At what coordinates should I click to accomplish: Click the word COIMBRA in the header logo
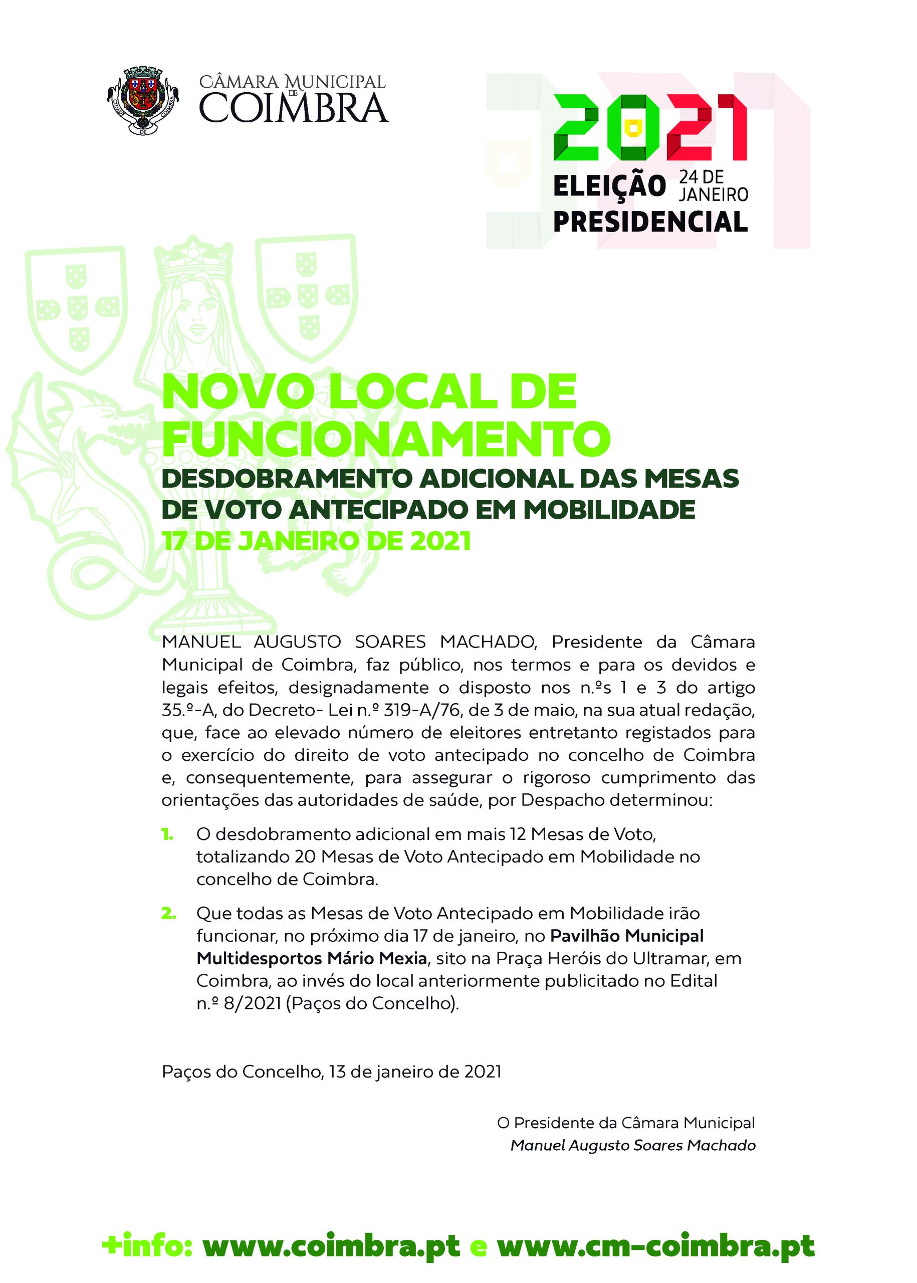pyautogui.click(x=294, y=108)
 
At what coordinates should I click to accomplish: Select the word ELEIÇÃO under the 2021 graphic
pyautogui.click(x=609, y=186)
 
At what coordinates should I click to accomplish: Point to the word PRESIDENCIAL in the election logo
pyautogui.click(x=650, y=222)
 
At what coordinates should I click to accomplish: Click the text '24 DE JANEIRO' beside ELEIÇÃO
pyautogui.click(x=713, y=186)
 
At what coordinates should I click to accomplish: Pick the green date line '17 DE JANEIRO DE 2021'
pyautogui.click(x=316, y=541)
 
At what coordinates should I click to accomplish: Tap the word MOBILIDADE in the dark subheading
pyautogui.click(x=609, y=509)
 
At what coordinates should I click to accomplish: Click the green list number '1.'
pyautogui.click(x=168, y=834)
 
